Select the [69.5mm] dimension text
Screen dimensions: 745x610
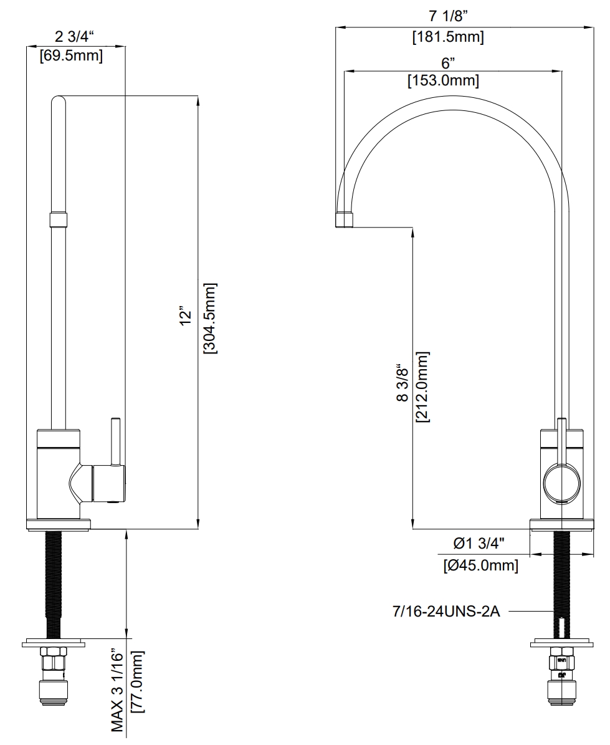click(70, 55)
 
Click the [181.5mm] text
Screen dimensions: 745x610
click(447, 37)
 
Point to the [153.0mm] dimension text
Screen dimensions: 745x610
click(443, 80)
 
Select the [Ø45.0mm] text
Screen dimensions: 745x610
click(480, 565)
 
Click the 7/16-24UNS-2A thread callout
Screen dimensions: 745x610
click(446, 612)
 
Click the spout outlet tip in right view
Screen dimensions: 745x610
click(345, 219)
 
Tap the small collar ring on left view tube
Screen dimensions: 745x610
click(58, 219)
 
